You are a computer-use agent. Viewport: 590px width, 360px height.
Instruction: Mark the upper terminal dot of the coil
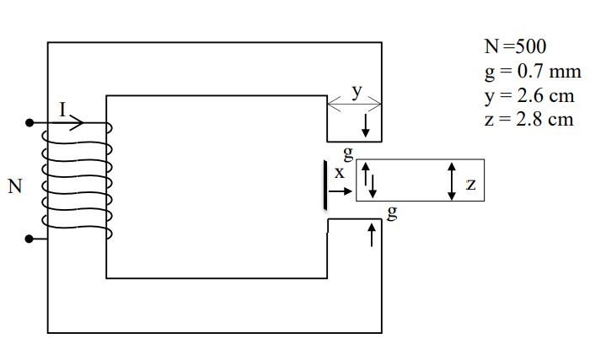pyautogui.click(x=29, y=123)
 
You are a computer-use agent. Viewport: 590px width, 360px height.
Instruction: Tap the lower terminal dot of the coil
pyautogui.click(x=29, y=239)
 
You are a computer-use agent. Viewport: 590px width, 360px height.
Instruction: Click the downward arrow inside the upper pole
pyautogui.click(x=365, y=126)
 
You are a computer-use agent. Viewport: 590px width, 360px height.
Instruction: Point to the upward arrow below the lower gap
pyautogui.click(x=371, y=234)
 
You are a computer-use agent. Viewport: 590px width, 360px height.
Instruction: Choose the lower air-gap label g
pyautogui.click(x=390, y=212)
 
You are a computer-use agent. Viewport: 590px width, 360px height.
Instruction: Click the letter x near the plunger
pyautogui.click(x=339, y=173)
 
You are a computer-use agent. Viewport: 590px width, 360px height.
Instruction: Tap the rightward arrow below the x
pyautogui.click(x=340, y=192)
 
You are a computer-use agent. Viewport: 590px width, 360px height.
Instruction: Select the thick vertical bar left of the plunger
pyautogui.click(x=324, y=185)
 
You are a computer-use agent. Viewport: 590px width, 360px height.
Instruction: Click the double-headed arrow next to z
pyautogui.click(x=452, y=180)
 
